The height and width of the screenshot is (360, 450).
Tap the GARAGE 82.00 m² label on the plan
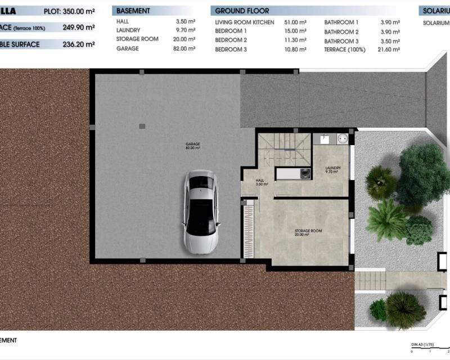tap(193, 146)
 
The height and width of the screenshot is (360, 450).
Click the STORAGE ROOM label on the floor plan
tap(308, 232)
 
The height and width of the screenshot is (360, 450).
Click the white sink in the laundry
tap(325, 137)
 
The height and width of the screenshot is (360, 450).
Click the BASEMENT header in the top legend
tap(133, 11)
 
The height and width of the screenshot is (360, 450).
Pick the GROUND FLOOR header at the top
tap(242, 11)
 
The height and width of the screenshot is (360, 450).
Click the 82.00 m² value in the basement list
tap(185, 49)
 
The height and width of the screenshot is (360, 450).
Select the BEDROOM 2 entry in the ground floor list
tap(231, 40)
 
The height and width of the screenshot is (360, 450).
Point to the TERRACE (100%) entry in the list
tap(345, 49)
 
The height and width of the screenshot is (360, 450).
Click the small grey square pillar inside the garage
tap(142, 126)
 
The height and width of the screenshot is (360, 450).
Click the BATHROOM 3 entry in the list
tap(341, 40)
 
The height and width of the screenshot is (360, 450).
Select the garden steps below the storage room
tap(371, 278)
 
